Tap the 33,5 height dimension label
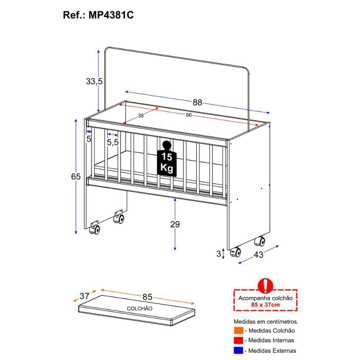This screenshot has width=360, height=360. point(94,81)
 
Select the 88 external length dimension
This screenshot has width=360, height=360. point(197,102)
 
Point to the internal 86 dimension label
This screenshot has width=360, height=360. point(189,115)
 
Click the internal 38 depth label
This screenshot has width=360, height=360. point(141,116)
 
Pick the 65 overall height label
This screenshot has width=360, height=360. point(76,177)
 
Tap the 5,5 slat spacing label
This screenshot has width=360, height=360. point(113,142)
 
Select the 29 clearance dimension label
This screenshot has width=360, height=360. point(175,224)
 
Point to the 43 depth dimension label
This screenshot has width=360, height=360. point(258,255)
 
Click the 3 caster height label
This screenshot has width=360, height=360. point(218,253)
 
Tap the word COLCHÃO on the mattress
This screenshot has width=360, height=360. point(139,309)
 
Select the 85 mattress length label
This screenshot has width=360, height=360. point(147,297)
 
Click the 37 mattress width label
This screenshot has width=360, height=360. point(84,296)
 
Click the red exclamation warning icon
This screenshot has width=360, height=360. point(266,286)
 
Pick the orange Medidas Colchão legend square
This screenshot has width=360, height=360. point(238,330)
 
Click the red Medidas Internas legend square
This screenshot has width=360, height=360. point(238,340)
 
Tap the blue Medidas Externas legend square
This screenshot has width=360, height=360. point(238,350)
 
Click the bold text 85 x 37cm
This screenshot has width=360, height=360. point(265,305)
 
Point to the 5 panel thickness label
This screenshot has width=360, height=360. point(89,139)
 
